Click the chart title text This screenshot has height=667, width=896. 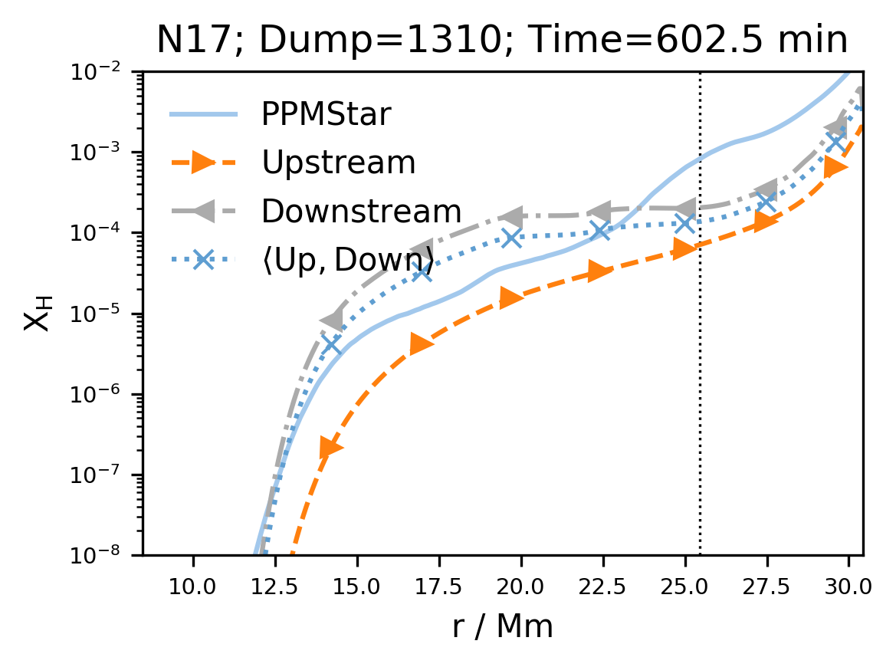tap(502, 41)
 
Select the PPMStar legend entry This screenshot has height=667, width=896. tap(327, 114)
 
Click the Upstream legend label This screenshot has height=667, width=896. tap(339, 163)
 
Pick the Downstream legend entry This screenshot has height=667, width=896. tap(362, 212)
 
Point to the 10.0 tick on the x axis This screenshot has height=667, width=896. tap(193, 587)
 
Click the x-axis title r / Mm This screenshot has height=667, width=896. tap(502, 627)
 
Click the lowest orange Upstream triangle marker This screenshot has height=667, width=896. tap(331, 448)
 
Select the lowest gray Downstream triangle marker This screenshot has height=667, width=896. tap(331, 320)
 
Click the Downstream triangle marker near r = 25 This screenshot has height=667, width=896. tap(684, 208)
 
